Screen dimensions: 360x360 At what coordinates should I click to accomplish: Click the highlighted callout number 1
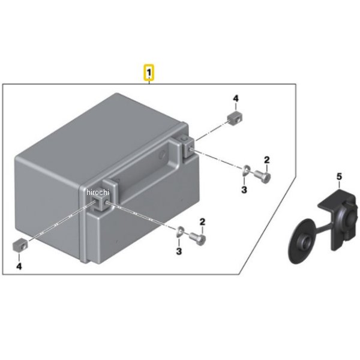point(149,73)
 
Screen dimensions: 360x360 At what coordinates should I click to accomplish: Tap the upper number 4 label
point(236,99)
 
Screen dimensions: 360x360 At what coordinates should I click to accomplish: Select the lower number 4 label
point(19,266)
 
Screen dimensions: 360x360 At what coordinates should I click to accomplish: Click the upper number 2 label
point(266,160)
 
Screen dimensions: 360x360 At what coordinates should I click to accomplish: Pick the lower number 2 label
point(202,222)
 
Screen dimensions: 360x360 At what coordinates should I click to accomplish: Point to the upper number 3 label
point(244,190)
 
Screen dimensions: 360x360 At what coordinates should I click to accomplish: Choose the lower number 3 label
point(179,251)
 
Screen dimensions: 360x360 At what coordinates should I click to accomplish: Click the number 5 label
point(339,176)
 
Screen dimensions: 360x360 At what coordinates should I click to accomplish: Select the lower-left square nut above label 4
point(19,245)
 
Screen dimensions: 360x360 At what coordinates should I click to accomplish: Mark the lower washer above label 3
point(180,232)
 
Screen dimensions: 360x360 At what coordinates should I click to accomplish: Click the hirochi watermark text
point(98,192)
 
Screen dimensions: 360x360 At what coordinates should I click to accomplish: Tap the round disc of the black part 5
point(302,242)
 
